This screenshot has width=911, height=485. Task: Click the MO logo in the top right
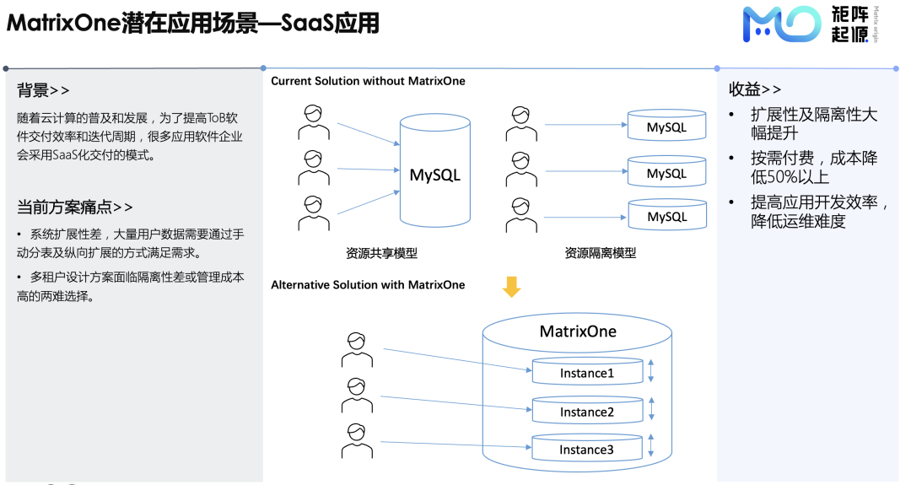[780, 24]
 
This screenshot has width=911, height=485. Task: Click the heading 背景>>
[43, 90]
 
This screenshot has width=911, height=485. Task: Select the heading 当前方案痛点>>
[75, 207]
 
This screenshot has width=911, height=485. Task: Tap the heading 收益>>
[755, 89]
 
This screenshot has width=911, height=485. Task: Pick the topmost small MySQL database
[666, 127]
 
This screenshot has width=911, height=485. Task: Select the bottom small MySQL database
[666, 215]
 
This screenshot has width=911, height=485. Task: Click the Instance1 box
[587, 372]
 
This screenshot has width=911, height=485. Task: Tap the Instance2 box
[587, 411]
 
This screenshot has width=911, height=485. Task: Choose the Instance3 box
[587, 449]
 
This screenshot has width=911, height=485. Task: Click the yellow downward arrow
[511, 287]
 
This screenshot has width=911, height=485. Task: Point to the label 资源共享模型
[381, 253]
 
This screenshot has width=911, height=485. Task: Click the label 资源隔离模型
[601, 253]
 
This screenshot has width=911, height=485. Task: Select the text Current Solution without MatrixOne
[368, 81]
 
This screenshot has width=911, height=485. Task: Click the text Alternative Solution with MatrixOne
[368, 285]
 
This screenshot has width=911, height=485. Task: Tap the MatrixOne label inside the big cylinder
[578, 331]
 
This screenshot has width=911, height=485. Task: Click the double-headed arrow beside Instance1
[651, 372]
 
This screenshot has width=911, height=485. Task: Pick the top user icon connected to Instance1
[357, 349]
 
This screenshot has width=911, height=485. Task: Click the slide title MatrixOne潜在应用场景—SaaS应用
[193, 23]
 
